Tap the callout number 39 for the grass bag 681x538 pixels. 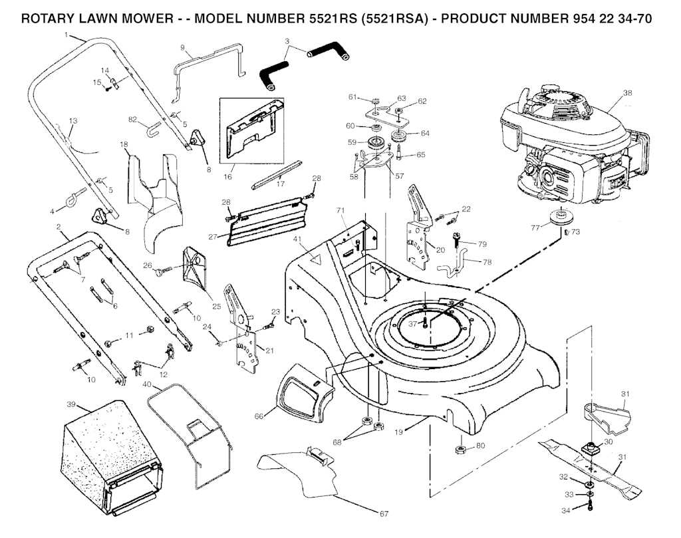click(x=70, y=404)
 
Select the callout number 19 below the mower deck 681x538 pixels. click(x=399, y=432)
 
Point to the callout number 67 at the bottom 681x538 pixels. click(x=384, y=513)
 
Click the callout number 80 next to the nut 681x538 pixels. click(x=480, y=446)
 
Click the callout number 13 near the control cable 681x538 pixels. click(x=73, y=120)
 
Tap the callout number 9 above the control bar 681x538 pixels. click(x=182, y=48)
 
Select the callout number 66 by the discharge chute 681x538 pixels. click(x=260, y=416)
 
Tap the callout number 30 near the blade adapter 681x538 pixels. click(x=607, y=442)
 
